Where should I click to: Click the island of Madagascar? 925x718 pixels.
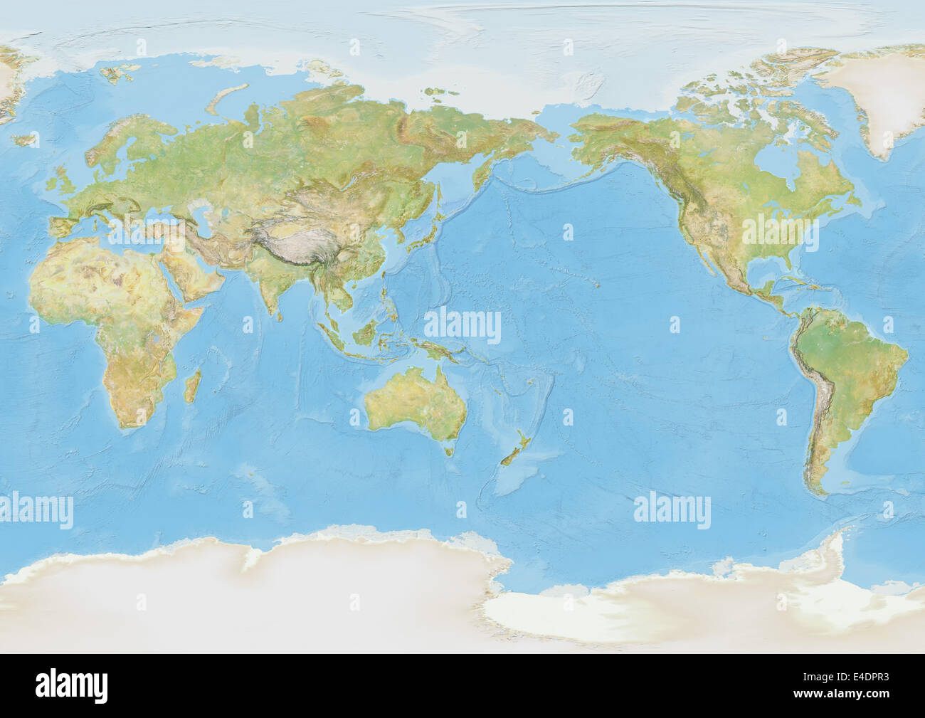[x=191, y=387]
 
